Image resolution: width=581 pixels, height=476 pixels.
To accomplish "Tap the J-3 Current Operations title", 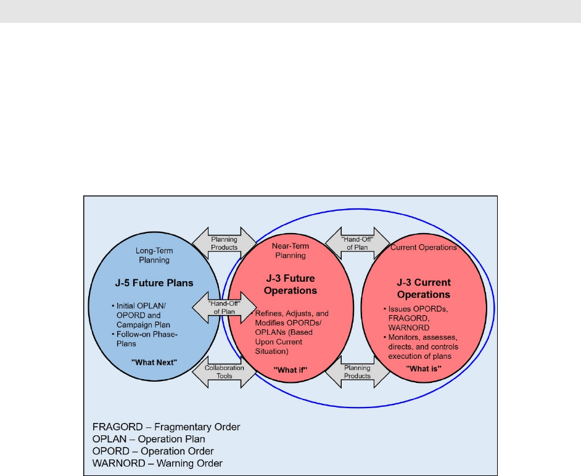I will tap(424, 289).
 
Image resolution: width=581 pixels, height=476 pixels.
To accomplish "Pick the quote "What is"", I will tap(424, 368).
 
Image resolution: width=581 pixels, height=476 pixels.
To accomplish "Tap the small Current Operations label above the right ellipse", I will tap(424, 247).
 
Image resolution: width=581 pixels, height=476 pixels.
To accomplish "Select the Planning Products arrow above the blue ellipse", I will tap(224, 243).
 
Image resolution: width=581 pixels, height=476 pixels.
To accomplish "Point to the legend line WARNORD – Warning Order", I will tap(157, 463).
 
